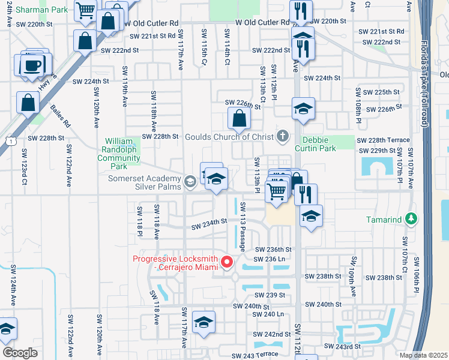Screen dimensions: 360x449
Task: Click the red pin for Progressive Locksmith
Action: click(x=227, y=262)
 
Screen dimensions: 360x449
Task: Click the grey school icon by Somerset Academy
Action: click(x=190, y=182)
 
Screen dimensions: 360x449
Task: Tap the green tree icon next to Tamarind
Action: click(x=411, y=219)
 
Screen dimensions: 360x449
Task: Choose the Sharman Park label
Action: click(x=34, y=10)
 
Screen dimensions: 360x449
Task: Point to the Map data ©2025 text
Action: click(x=423, y=355)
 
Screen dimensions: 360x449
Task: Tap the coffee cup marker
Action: click(x=32, y=65)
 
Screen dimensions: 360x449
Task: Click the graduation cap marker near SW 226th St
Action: click(x=303, y=109)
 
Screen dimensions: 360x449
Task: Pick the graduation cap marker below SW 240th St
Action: click(x=204, y=323)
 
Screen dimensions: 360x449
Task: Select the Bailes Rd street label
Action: click(x=60, y=116)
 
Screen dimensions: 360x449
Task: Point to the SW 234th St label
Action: click(x=209, y=224)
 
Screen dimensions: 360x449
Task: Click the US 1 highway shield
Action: click(x=5, y=140)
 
